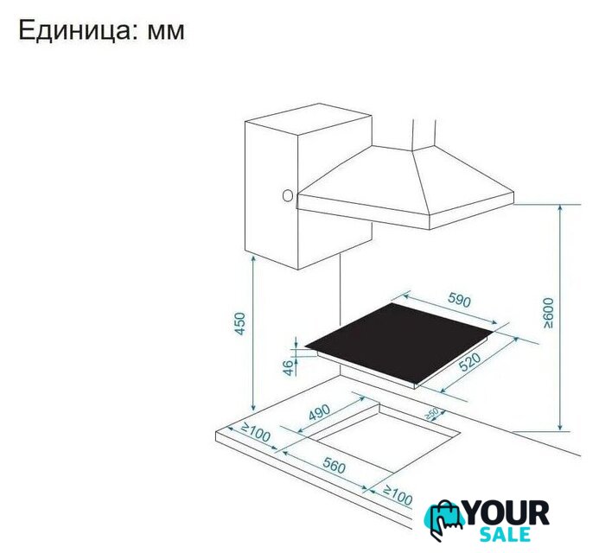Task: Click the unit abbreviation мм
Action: click(166, 32)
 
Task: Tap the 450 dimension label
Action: click(240, 323)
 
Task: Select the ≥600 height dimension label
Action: click(548, 313)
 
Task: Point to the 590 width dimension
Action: click(459, 300)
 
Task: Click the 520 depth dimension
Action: click(469, 362)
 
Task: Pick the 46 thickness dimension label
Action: click(290, 367)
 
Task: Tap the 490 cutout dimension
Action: click(319, 412)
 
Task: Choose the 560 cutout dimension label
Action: click(334, 465)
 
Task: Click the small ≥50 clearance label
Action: click(432, 414)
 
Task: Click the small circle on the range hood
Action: click(287, 196)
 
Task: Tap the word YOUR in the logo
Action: click(506, 513)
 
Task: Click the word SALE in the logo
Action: click(505, 535)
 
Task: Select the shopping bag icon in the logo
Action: click(443, 519)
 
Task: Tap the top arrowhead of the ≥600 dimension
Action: click(560, 207)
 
